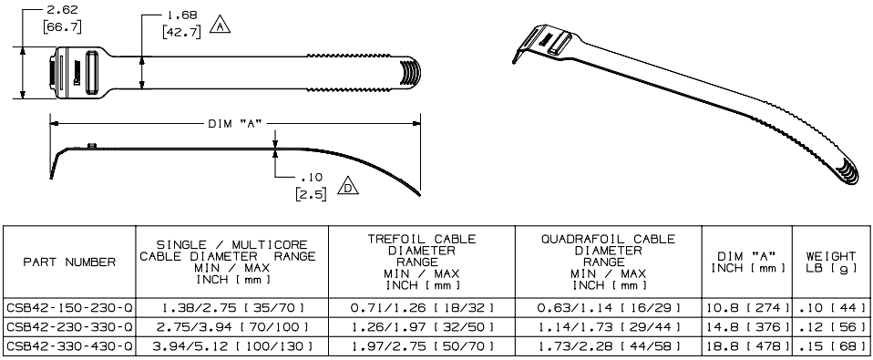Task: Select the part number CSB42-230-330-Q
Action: pos(69,325)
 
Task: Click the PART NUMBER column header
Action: pos(69,262)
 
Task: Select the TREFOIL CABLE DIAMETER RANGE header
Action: pos(421,260)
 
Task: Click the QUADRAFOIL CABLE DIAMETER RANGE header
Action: pos(609,260)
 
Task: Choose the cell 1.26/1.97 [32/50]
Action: pos(421,325)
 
